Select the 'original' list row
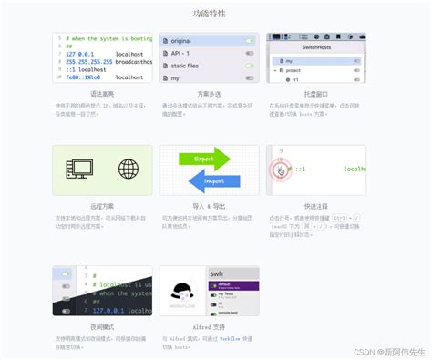(x=181, y=41)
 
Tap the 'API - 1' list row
(x=180, y=53)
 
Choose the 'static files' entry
(x=186, y=66)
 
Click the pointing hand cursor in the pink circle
(x=281, y=170)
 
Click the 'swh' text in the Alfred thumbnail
(x=190, y=273)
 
